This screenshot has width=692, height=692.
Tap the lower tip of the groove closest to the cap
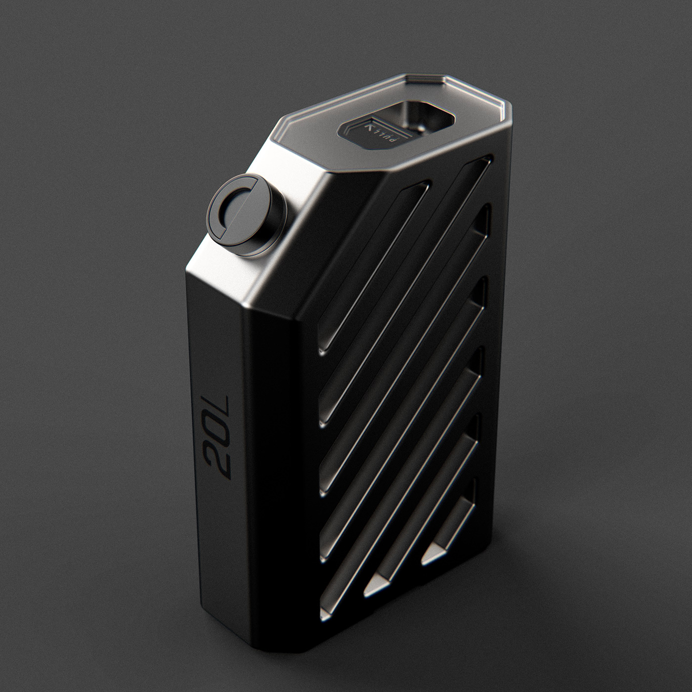click(323, 351)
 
